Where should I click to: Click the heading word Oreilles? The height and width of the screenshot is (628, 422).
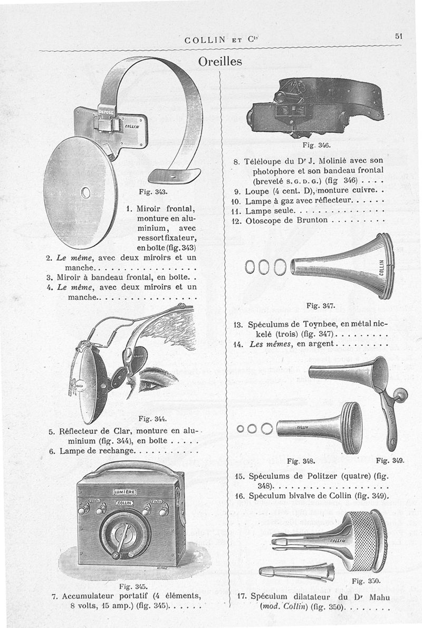pyautogui.click(x=220, y=61)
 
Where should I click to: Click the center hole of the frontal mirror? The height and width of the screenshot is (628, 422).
pyautogui.click(x=85, y=192)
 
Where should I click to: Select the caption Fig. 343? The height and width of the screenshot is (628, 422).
pyautogui.click(x=153, y=190)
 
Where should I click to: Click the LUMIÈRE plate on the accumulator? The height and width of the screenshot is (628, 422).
pyautogui.click(x=125, y=492)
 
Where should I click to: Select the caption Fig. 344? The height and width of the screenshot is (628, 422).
pyautogui.click(x=152, y=419)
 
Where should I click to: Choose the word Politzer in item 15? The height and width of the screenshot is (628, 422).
pyautogui.click(x=314, y=475)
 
